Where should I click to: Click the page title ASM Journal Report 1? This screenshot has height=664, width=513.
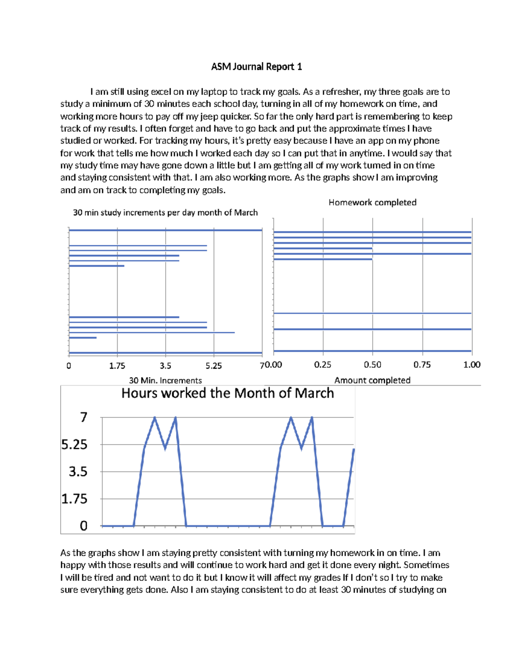click(256, 67)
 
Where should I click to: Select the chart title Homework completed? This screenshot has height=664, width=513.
click(372, 202)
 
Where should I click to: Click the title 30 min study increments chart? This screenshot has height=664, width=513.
click(165, 212)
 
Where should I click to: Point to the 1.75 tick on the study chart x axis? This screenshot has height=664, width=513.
click(117, 366)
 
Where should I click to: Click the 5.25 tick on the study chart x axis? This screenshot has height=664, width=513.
click(213, 366)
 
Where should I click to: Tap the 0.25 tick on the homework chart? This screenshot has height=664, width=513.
click(323, 365)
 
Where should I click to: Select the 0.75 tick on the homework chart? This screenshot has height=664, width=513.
click(422, 365)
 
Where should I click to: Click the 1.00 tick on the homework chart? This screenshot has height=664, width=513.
click(472, 365)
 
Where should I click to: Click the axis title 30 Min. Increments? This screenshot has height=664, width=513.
click(165, 380)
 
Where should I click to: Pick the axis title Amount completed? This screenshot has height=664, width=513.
click(372, 380)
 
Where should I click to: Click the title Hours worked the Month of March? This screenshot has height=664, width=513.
click(227, 393)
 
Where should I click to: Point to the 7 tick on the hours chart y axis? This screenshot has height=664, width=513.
click(84, 417)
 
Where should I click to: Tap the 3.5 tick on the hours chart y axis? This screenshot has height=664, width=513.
click(78, 472)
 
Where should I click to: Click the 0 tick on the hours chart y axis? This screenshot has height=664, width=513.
click(84, 526)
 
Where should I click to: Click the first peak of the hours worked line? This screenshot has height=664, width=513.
click(155, 418)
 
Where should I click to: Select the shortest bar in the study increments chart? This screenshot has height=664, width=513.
click(83, 338)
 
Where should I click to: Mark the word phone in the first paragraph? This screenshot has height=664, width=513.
click(426, 141)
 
